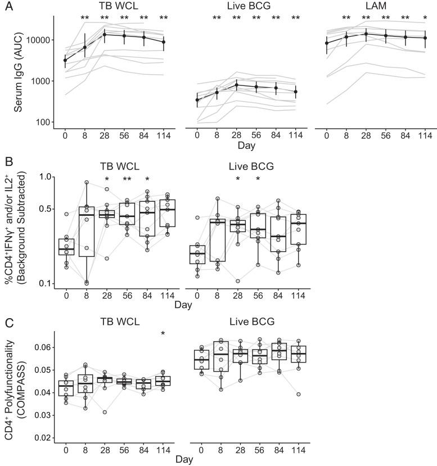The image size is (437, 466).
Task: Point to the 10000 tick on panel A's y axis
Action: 37,40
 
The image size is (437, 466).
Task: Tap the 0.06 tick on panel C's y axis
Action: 39,347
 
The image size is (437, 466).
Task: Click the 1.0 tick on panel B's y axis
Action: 42,177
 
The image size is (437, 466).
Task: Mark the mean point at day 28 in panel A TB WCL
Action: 104,35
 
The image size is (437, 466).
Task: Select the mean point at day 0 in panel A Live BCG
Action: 197,100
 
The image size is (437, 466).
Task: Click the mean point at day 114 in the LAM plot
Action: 425,38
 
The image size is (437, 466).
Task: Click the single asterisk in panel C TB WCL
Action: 163,334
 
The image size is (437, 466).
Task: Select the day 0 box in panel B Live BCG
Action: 197,254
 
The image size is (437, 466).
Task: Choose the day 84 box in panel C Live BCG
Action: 276,351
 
